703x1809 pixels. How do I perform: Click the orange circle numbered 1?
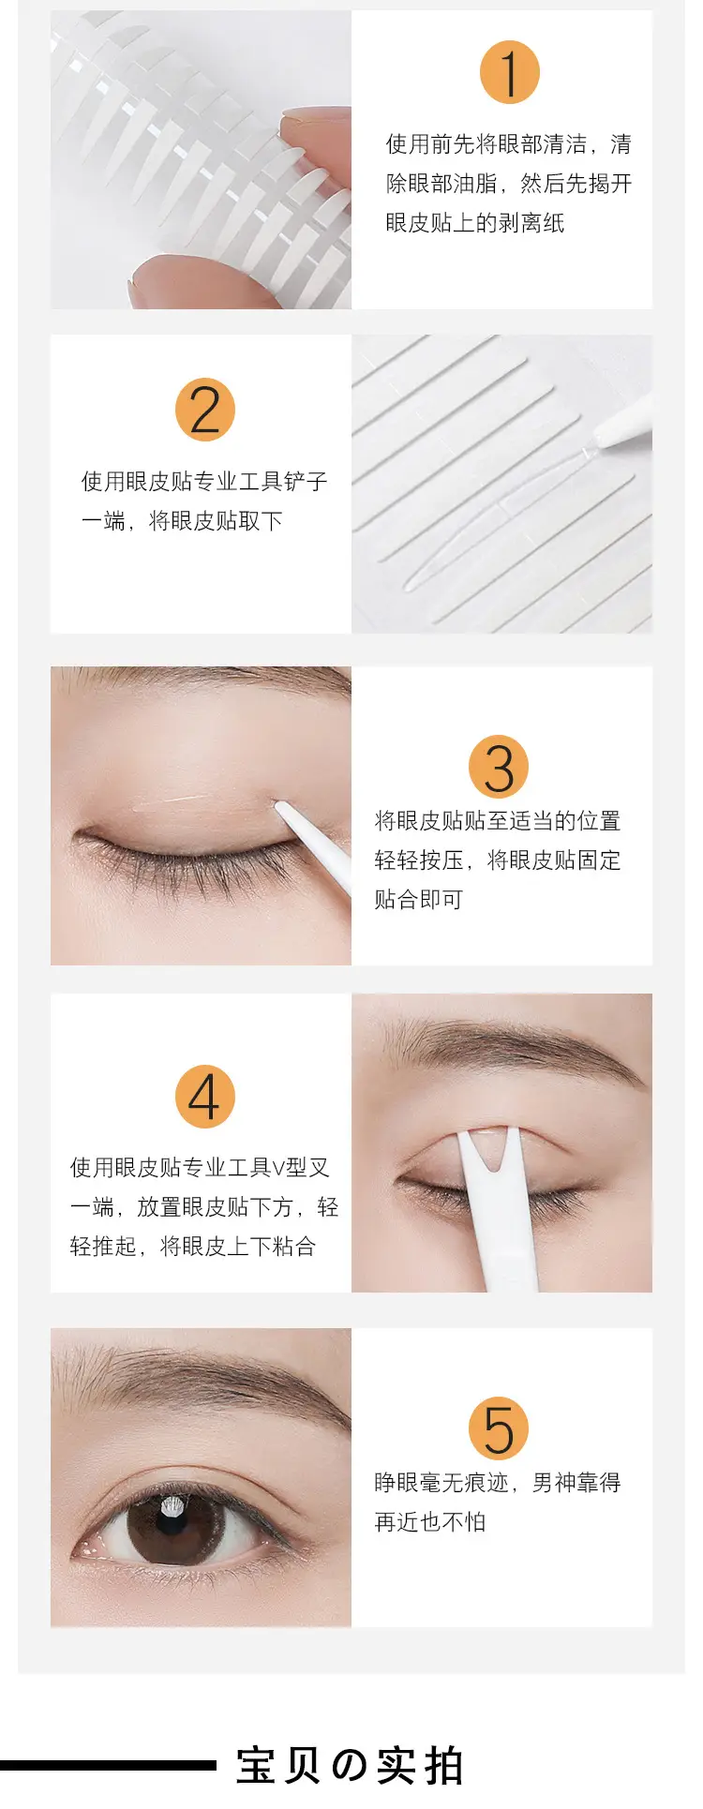pyautogui.click(x=509, y=73)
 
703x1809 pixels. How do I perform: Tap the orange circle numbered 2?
pyautogui.click(x=204, y=410)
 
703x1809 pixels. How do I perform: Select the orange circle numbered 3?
pyautogui.click(x=499, y=767)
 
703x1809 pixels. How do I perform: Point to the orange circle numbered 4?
pyautogui.click(x=204, y=1097)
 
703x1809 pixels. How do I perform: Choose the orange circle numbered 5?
pyautogui.click(x=499, y=1428)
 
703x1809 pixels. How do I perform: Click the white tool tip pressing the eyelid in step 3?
pyautogui.click(x=281, y=807)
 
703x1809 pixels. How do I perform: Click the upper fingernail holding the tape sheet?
pyautogui.click(x=305, y=116)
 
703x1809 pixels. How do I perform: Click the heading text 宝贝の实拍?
pyautogui.click(x=350, y=1766)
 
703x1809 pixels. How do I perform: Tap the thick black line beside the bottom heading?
pyautogui.click(x=108, y=1766)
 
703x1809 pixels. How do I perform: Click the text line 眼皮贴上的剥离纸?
pyautogui.click(x=475, y=223)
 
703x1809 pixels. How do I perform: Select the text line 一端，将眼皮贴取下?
pyautogui.click(x=182, y=521)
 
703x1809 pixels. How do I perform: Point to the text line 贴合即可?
pyautogui.click(x=419, y=900)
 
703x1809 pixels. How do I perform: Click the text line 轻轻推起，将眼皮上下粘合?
pyautogui.click(x=192, y=1247)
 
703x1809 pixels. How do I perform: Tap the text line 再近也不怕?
pyautogui.click(x=430, y=1522)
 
